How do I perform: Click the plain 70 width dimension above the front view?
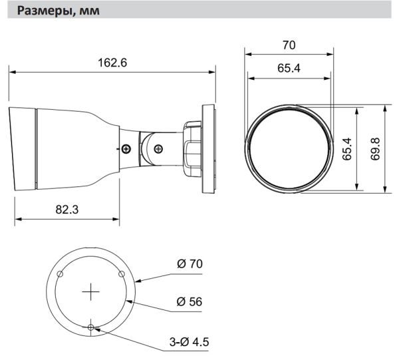click(288, 45)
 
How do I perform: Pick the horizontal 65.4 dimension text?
click(288, 69)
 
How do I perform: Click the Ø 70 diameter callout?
click(190, 264)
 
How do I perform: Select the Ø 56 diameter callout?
click(190, 301)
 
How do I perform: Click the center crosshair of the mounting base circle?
click(90, 291)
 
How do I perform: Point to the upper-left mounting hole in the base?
click(60, 274)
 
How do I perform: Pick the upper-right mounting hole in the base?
click(121, 274)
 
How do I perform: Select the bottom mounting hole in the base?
click(90, 327)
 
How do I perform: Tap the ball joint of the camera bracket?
click(158, 146)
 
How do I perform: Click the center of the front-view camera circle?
click(288, 148)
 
